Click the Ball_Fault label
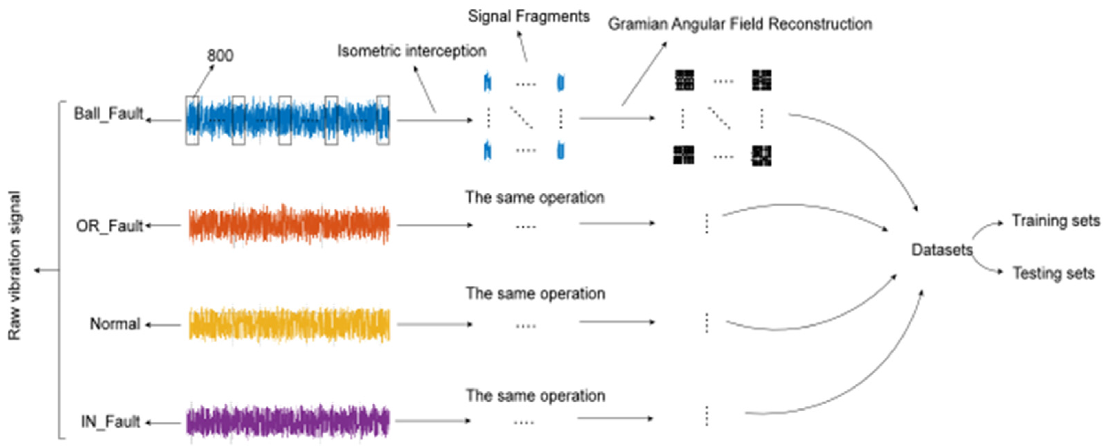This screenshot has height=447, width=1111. (x=109, y=114)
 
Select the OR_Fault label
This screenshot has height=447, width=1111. (x=109, y=226)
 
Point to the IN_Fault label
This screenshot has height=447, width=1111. (x=110, y=422)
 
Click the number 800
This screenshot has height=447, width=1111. (x=220, y=56)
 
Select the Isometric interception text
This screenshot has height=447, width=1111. (x=412, y=51)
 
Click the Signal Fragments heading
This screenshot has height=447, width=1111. (x=529, y=17)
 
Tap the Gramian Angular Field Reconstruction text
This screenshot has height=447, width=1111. (x=740, y=24)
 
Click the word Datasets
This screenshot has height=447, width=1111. (x=942, y=250)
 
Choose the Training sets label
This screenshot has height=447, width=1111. (x=1056, y=221)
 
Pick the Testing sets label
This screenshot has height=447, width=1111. (x=1053, y=273)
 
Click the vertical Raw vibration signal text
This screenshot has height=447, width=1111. (x=15, y=265)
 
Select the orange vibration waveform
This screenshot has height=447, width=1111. (x=289, y=225)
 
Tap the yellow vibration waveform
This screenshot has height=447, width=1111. (x=289, y=324)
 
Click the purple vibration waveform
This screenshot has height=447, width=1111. (x=288, y=422)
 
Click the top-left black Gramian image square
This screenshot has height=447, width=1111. (x=684, y=80)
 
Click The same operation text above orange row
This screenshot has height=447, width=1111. (x=535, y=198)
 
